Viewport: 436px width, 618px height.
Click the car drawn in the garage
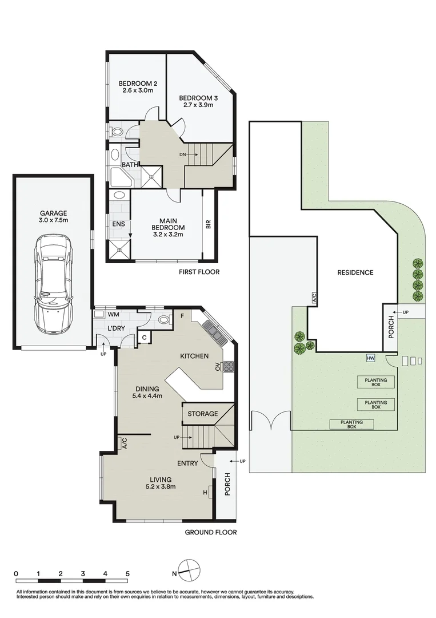[x=53, y=284]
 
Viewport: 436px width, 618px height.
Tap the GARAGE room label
[x=53, y=213]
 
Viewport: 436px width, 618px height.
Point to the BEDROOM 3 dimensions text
[x=198, y=105]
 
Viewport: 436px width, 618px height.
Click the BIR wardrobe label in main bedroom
[x=209, y=224]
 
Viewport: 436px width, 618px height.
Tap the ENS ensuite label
[x=118, y=224]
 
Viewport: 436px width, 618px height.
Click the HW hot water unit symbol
[x=370, y=358]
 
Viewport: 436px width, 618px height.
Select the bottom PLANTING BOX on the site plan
[x=352, y=424]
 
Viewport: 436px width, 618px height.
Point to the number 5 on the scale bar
[x=127, y=574]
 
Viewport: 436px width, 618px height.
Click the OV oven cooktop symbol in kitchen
[x=229, y=367]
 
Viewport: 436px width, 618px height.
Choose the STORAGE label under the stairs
[x=203, y=414]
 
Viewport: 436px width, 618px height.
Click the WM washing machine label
[x=113, y=315]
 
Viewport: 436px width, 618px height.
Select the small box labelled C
[x=145, y=338]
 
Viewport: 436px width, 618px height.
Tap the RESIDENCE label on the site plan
[x=355, y=272]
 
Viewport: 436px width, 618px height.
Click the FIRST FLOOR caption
[x=199, y=272]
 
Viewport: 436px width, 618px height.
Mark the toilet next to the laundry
[x=165, y=319]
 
